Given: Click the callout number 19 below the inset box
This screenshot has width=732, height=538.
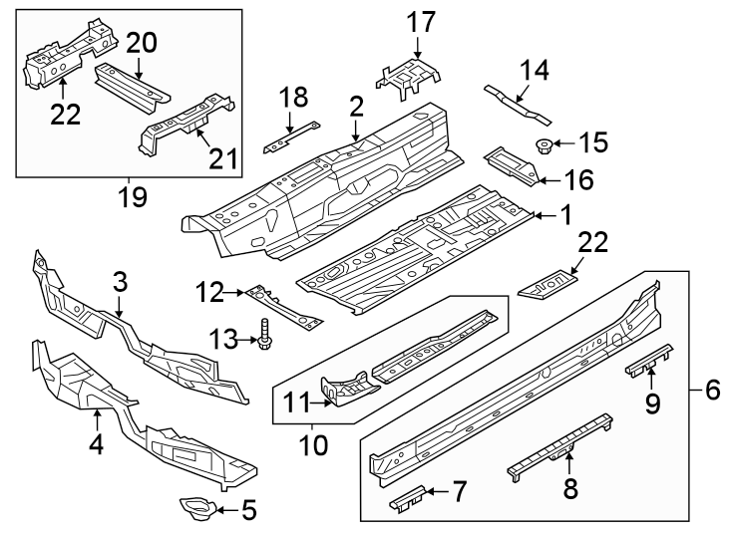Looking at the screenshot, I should pos(132,195).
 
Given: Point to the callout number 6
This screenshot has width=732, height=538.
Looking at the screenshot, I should pos(712,391).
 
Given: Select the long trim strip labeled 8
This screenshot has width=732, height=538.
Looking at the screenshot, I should pos(558,444).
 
